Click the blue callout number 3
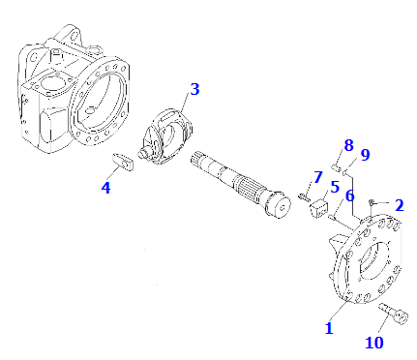tap(194, 89)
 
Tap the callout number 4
tap(105, 188)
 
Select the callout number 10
tap(374, 343)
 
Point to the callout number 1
tap(329, 328)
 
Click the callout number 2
tap(400, 205)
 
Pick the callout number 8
tap(348, 145)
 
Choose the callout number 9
tap(365, 155)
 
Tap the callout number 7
tap(318, 177)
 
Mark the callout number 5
tap(335, 187)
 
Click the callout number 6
tap(349, 196)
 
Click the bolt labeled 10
tap(394, 313)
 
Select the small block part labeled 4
tap(123, 162)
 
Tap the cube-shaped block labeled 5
tap(318, 208)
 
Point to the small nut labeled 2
tap(372, 202)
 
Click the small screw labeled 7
tap(304, 196)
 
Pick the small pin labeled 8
tap(336, 167)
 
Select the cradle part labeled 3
tap(165, 136)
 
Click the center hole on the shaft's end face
tap(283, 208)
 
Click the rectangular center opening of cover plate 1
tap(373, 258)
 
